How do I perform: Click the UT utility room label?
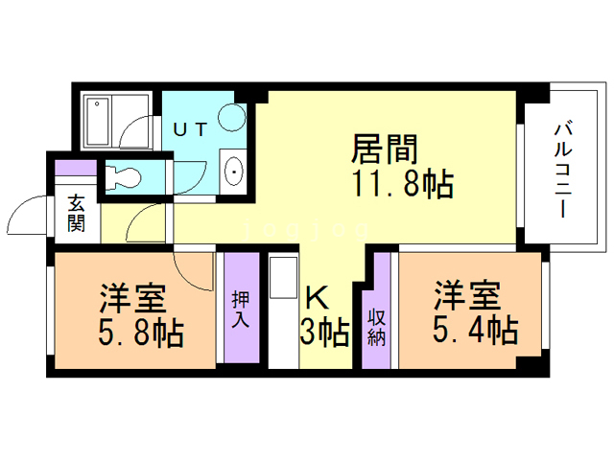[x=189, y=130]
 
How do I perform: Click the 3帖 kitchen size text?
[x=324, y=333]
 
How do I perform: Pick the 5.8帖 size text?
[x=141, y=334]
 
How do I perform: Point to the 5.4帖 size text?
[x=477, y=332]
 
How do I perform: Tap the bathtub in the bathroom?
[x=99, y=122]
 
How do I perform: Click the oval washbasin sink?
[x=233, y=173]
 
